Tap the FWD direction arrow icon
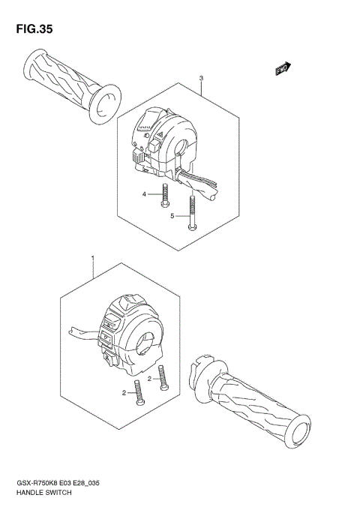[283, 70]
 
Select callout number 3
[201, 79]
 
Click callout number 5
[172, 216]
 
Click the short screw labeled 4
[165, 196]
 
